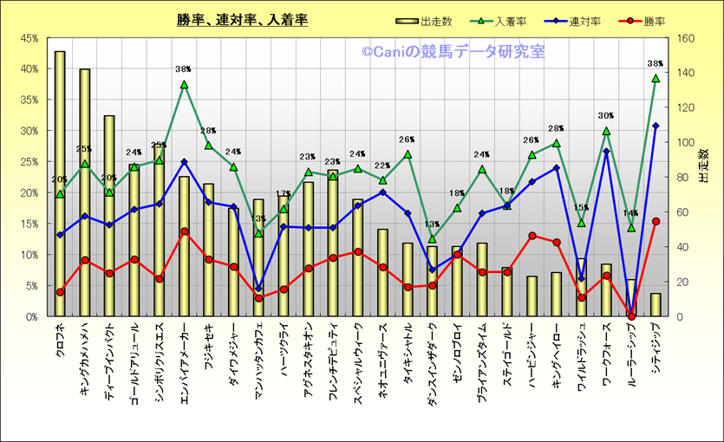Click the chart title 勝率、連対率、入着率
coord(242,20)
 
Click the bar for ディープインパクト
coord(109,217)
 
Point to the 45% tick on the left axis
coord(29,38)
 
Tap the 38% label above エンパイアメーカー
coord(183,70)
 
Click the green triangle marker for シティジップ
coord(656,78)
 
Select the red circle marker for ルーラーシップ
coord(631,316)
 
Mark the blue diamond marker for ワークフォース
coord(606,152)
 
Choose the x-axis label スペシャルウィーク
coord(357,355)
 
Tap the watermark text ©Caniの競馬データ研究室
coord(453,53)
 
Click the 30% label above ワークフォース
coord(606,115)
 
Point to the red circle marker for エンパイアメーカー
coord(184,231)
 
